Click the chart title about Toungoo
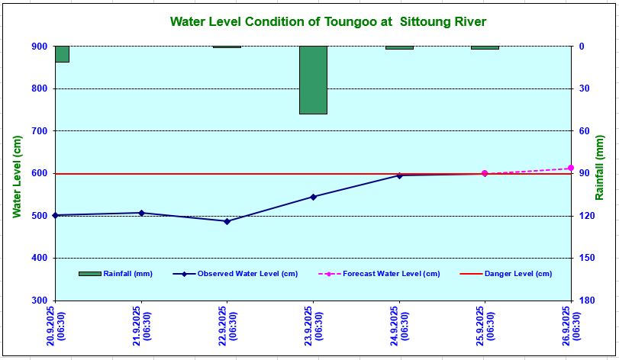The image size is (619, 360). tap(327, 21)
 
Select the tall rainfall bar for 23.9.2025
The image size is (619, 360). tap(313, 80)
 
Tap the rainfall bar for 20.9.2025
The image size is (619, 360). tap(62, 54)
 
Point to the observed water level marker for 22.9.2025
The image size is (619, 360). tap(227, 221)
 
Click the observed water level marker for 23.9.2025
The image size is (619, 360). tap(313, 197)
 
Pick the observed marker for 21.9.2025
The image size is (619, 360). tap(141, 213)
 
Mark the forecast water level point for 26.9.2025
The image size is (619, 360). tap(570, 168)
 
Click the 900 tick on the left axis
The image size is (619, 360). tap(38, 47)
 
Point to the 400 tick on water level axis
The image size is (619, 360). tap(38, 258)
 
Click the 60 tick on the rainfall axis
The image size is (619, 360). tap(585, 131)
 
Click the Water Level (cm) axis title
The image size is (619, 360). tap(16, 175)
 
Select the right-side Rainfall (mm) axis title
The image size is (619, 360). tap(601, 173)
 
